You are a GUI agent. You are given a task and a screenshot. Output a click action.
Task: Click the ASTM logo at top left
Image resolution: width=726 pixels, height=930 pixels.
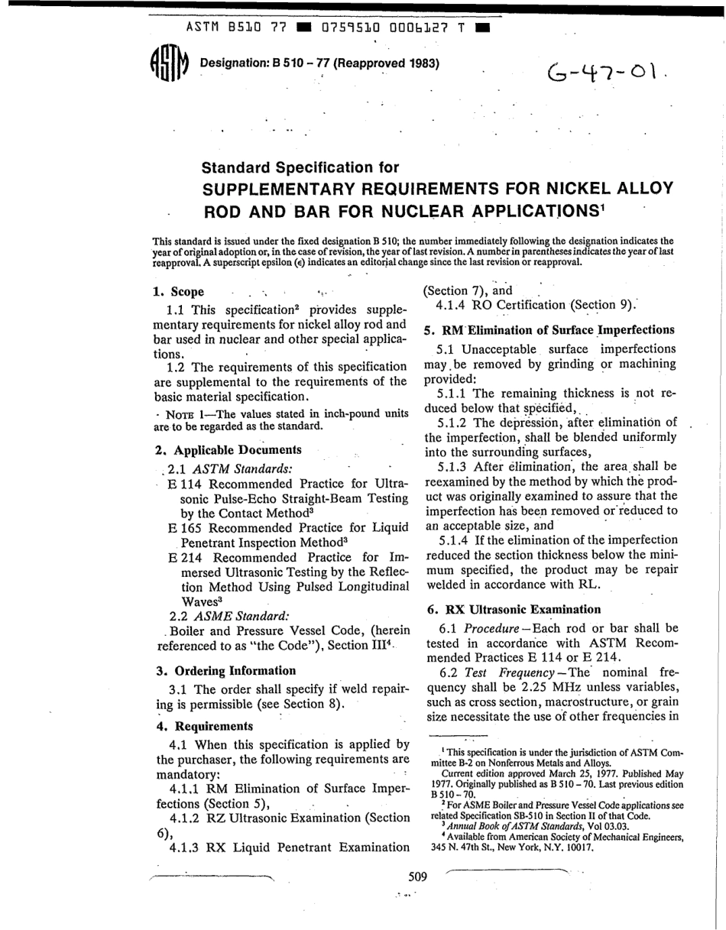click(167, 64)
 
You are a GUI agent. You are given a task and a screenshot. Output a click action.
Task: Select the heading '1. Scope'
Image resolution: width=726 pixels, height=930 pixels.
click(178, 292)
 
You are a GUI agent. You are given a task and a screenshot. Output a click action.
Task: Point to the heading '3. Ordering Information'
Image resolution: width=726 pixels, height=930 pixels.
click(225, 671)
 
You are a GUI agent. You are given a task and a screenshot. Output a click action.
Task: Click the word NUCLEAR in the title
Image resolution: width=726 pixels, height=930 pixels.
click(406, 209)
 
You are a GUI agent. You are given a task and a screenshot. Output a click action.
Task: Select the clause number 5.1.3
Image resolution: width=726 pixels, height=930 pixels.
click(455, 466)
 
